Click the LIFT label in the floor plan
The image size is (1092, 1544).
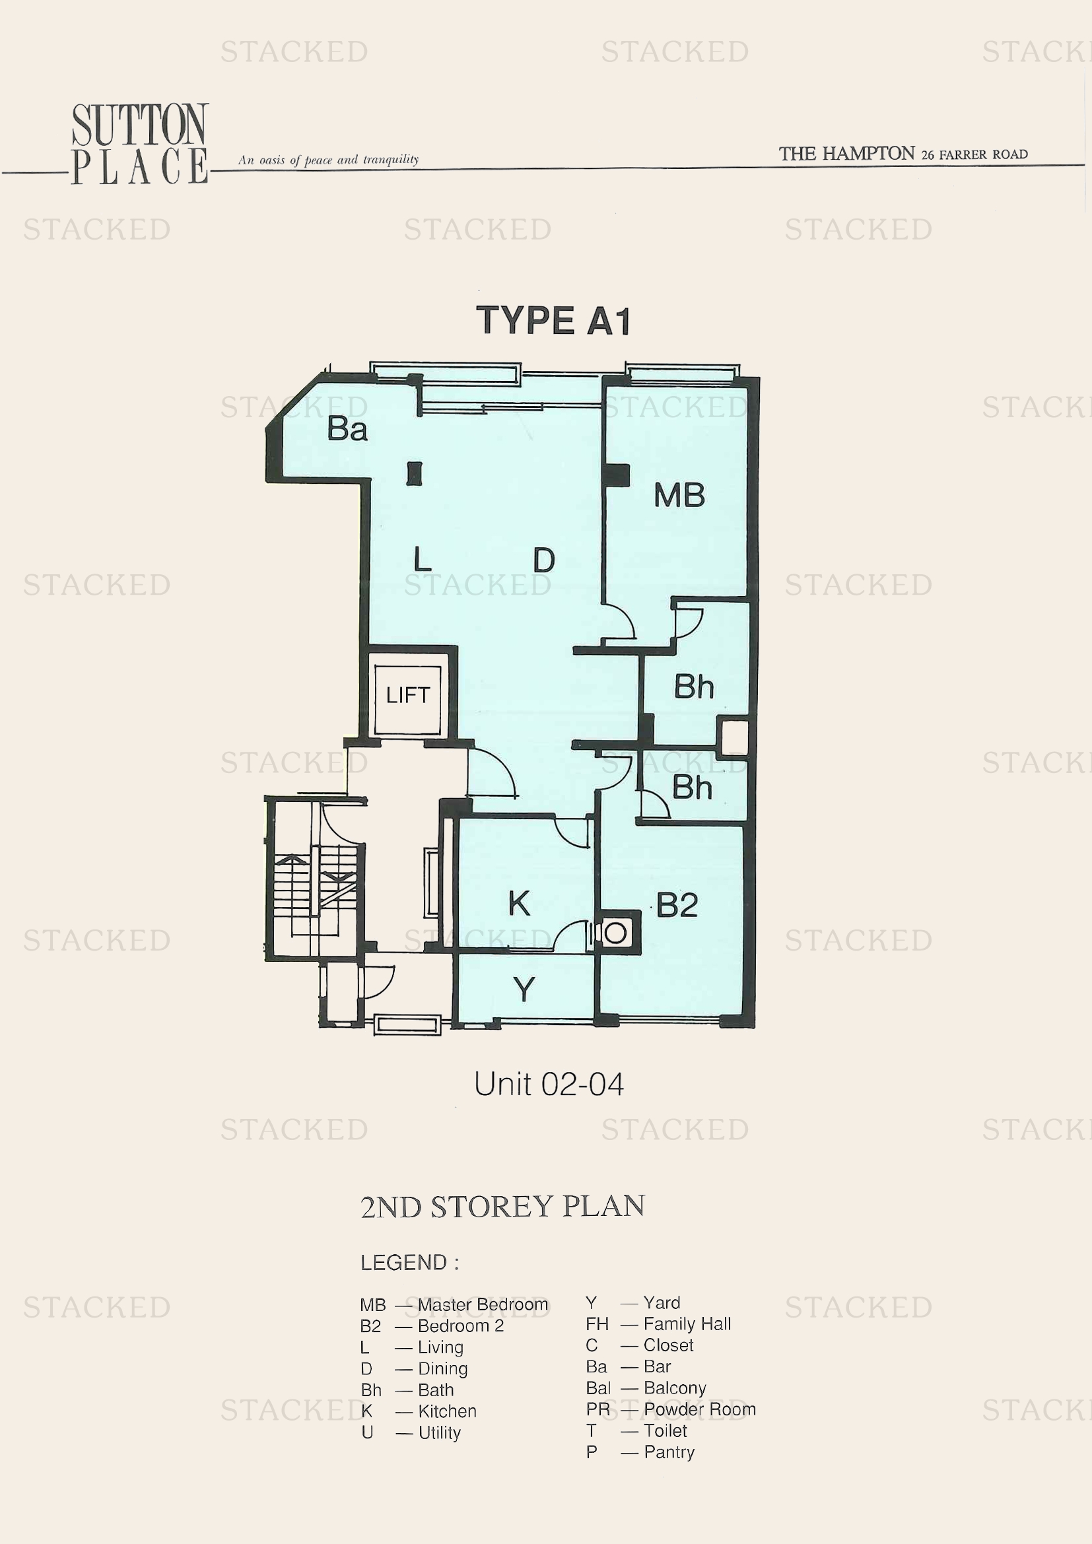tap(407, 694)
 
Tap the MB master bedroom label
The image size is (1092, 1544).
tap(679, 496)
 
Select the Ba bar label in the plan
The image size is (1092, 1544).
tap(347, 429)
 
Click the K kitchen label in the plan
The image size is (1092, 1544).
tap(519, 903)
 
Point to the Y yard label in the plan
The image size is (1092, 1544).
tap(524, 990)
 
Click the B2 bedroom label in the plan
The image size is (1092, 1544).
tap(677, 905)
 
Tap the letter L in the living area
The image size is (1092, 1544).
tap(423, 559)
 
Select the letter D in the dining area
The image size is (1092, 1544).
tap(544, 560)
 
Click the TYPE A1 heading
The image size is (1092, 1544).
tap(553, 320)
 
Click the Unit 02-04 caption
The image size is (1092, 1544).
tap(549, 1084)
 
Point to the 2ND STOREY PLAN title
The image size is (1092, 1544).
tap(502, 1207)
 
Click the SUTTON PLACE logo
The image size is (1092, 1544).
tap(140, 144)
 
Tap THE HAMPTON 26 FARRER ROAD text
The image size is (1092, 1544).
tap(903, 154)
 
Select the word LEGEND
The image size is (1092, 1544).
tap(403, 1262)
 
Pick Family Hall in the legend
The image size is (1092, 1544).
tap(687, 1324)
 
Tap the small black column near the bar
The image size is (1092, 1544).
tap(414, 473)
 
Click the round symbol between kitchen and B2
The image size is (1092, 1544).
tap(615, 933)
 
